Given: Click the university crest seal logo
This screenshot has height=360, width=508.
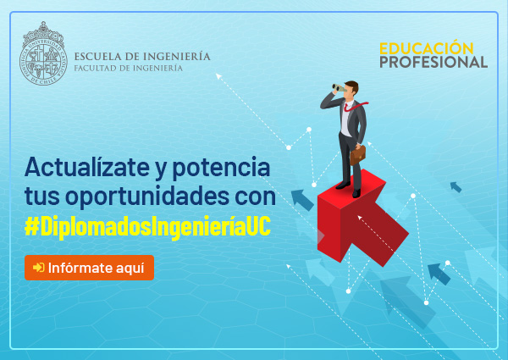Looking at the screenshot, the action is click(x=43, y=53).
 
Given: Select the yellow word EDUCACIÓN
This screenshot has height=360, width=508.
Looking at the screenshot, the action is click(x=427, y=48).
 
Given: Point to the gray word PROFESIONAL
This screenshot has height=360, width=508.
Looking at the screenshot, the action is click(x=433, y=62).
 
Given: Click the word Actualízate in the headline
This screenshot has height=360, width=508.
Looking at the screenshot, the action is click(x=87, y=167).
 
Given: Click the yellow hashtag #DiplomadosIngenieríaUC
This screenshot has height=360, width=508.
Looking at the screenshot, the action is click(x=147, y=226).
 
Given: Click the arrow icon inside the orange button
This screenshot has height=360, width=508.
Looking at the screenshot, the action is click(x=39, y=268).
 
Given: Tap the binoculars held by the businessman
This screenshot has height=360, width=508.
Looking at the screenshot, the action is click(x=339, y=87).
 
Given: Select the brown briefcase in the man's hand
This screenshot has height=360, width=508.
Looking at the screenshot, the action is click(x=357, y=155).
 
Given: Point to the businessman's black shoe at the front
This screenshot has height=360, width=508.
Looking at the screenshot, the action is click(x=356, y=193).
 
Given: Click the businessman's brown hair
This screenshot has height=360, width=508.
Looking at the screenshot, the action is click(x=352, y=86).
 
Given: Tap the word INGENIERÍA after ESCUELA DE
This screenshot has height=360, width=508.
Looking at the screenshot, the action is click(x=177, y=56).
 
